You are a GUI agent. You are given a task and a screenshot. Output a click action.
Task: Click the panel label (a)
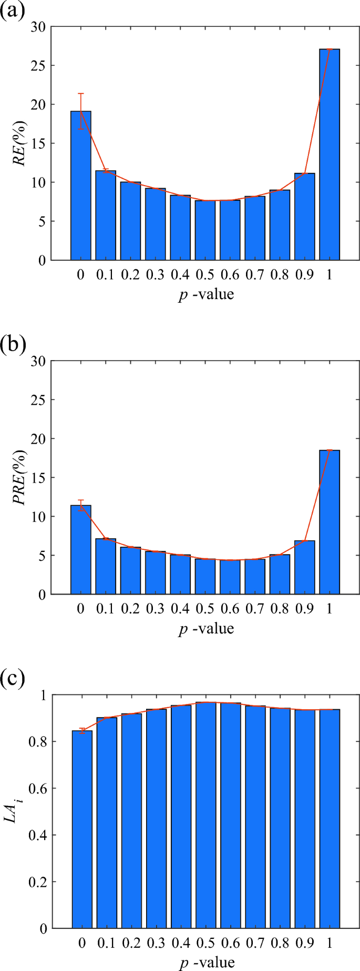click(x=12, y=10)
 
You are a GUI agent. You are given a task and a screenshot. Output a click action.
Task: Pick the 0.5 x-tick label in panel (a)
click(x=205, y=274)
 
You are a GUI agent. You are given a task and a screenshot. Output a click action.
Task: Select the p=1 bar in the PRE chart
click(x=330, y=522)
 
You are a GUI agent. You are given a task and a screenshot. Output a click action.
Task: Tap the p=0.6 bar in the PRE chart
click(x=230, y=577)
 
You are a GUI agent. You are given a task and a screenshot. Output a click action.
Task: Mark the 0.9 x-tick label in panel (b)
click(x=304, y=609)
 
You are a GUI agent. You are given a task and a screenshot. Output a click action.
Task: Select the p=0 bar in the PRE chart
click(x=81, y=549)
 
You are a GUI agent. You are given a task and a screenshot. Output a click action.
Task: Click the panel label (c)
click(x=12, y=679)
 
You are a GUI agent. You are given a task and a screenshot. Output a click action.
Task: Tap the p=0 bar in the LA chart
click(x=82, y=829)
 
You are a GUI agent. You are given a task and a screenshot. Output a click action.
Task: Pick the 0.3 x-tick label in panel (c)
click(x=156, y=943)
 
